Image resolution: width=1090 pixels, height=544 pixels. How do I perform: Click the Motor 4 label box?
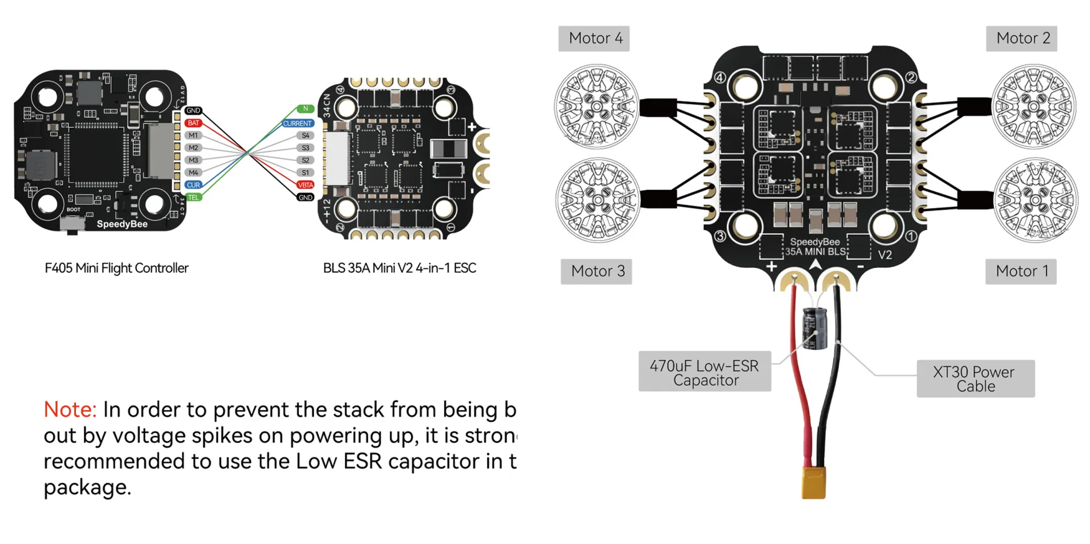(594, 39)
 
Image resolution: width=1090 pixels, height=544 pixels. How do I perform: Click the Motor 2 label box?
(1021, 39)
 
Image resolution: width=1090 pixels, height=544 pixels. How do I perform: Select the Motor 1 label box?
(1021, 271)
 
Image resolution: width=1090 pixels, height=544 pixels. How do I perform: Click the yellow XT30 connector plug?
(813, 482)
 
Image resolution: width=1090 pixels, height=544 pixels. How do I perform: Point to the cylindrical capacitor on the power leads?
(815, 328)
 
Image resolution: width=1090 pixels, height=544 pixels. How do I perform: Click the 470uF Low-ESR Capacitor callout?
(705, 372)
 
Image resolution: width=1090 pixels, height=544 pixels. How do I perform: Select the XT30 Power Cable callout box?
(975, 378)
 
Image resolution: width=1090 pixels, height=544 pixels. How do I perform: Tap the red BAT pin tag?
(193, 123)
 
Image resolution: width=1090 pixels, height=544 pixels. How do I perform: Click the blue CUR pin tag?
(193, 185)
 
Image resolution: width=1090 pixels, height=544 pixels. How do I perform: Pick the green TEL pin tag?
(193, 197)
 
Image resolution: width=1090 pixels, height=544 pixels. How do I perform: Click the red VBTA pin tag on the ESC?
(306, 185)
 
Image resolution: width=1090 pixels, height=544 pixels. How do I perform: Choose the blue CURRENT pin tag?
(298, 123)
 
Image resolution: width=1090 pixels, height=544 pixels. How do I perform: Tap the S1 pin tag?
(306, 172)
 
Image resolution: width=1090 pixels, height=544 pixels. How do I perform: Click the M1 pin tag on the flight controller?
(193, 135)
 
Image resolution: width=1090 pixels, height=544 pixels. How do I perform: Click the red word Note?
(70, 410)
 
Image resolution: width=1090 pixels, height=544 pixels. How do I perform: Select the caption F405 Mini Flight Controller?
(116, 268)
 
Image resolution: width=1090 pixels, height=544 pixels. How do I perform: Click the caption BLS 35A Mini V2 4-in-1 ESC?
(399, 268)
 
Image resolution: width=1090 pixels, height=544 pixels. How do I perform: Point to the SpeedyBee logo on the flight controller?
(122, 224)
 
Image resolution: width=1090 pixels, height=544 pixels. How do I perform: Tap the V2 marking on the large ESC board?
(885, 255)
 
